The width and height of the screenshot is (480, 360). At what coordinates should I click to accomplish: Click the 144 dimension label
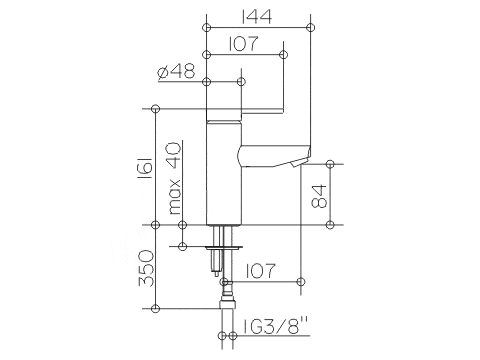(x=256, y=16)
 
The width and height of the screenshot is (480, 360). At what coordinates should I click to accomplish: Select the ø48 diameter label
(x=176, y=71)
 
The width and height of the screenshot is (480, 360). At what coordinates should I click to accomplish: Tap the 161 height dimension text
(x=146, y=168)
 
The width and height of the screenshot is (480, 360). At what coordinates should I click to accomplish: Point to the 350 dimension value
(x=146, y=268)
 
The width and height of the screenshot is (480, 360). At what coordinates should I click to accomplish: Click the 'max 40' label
(x=174, y=178)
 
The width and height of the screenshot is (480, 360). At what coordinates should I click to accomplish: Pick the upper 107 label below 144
(x=243, y=44)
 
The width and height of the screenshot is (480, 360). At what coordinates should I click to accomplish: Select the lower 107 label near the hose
(x=260, y=271)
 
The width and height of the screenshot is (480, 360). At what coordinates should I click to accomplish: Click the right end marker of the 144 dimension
(x=311, y=27)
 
